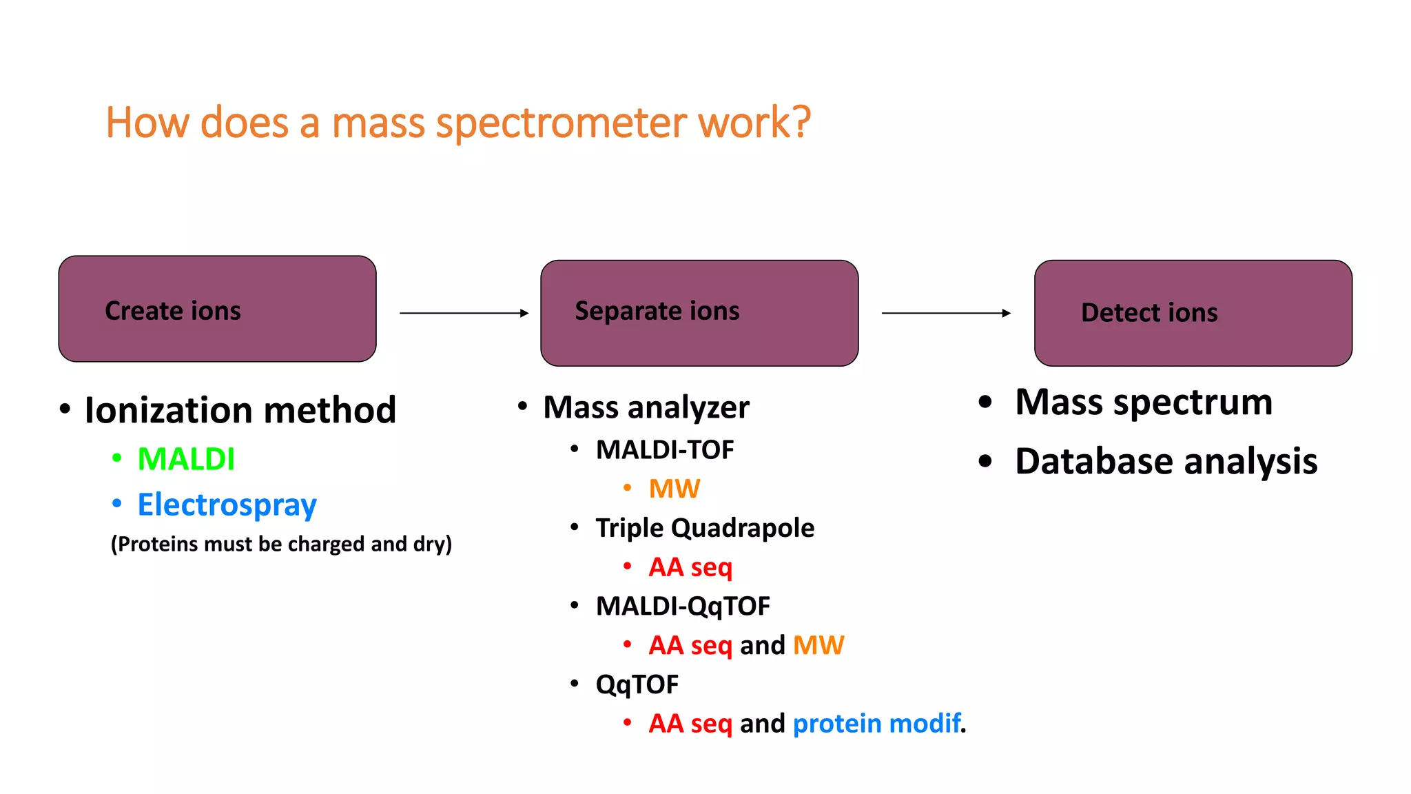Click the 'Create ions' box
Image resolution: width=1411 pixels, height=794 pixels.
coord(217,309)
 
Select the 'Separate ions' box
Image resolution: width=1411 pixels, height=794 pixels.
coord(699,313)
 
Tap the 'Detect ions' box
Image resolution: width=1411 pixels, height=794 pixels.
coord(1193,313)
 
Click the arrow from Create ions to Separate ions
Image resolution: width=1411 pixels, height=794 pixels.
coord(464,313)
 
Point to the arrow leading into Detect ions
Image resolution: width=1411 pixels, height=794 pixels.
coord(945,313)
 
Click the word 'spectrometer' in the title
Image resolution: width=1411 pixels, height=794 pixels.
coord(562,123)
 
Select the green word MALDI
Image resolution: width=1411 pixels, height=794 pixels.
coord(186,459)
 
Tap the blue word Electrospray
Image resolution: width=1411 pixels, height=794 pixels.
coord(227,505)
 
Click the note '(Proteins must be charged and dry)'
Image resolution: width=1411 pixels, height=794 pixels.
coord(281,544)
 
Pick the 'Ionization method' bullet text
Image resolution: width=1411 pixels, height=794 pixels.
coord(240,410)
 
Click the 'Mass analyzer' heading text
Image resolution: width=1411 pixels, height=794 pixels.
coord(646,407)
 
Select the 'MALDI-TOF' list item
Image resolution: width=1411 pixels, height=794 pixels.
coord(664,450)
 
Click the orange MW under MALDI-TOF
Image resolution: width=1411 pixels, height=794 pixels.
coord(674,489)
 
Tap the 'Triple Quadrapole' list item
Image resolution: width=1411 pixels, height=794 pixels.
coord(704,528)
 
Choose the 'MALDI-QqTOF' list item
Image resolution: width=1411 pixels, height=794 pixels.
coord(682,607)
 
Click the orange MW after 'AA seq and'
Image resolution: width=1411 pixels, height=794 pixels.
coord(818,645)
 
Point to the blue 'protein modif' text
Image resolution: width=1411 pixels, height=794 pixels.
coord(876,724)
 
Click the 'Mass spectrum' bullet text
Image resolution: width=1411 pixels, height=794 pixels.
coord(1143,402)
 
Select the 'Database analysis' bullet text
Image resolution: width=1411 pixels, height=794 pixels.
coord(1166,461)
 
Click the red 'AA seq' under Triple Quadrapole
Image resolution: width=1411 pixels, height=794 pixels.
coord(690,567)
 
